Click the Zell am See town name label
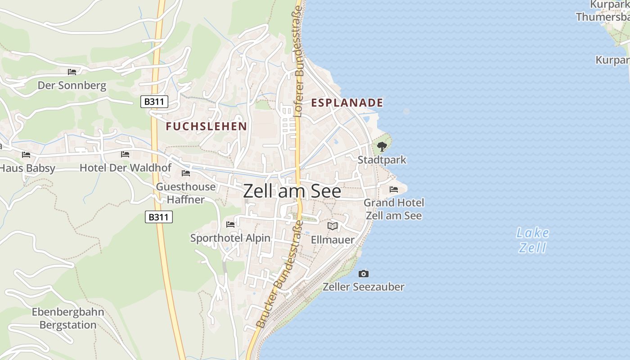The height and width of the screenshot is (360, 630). coord(292,191)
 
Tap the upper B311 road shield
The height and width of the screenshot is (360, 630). coord(154,102)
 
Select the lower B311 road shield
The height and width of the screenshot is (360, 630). coord(159,217)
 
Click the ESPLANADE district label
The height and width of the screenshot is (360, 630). coord(347,103)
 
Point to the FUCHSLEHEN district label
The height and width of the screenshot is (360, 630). coord(206,126)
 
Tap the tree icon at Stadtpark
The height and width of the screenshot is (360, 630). coord(382,146)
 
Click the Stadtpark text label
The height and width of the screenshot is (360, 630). coord(382,160)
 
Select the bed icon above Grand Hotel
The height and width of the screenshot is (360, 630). coord(394,189)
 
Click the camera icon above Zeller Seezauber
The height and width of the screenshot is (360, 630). coord(364,274)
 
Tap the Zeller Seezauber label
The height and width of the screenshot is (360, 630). coord(364,287)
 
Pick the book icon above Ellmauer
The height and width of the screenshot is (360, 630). coord(333,226)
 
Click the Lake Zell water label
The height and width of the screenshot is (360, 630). coord(533,240)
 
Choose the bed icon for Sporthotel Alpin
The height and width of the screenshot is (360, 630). coord(230,224)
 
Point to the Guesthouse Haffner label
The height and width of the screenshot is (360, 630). coord(185,193)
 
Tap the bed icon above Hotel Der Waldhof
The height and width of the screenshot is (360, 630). coord(125,154)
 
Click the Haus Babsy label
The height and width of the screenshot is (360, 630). coord(27,168)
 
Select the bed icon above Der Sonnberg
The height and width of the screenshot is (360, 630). coord(72,72)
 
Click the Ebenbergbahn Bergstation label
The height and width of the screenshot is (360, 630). coord(68,318)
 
